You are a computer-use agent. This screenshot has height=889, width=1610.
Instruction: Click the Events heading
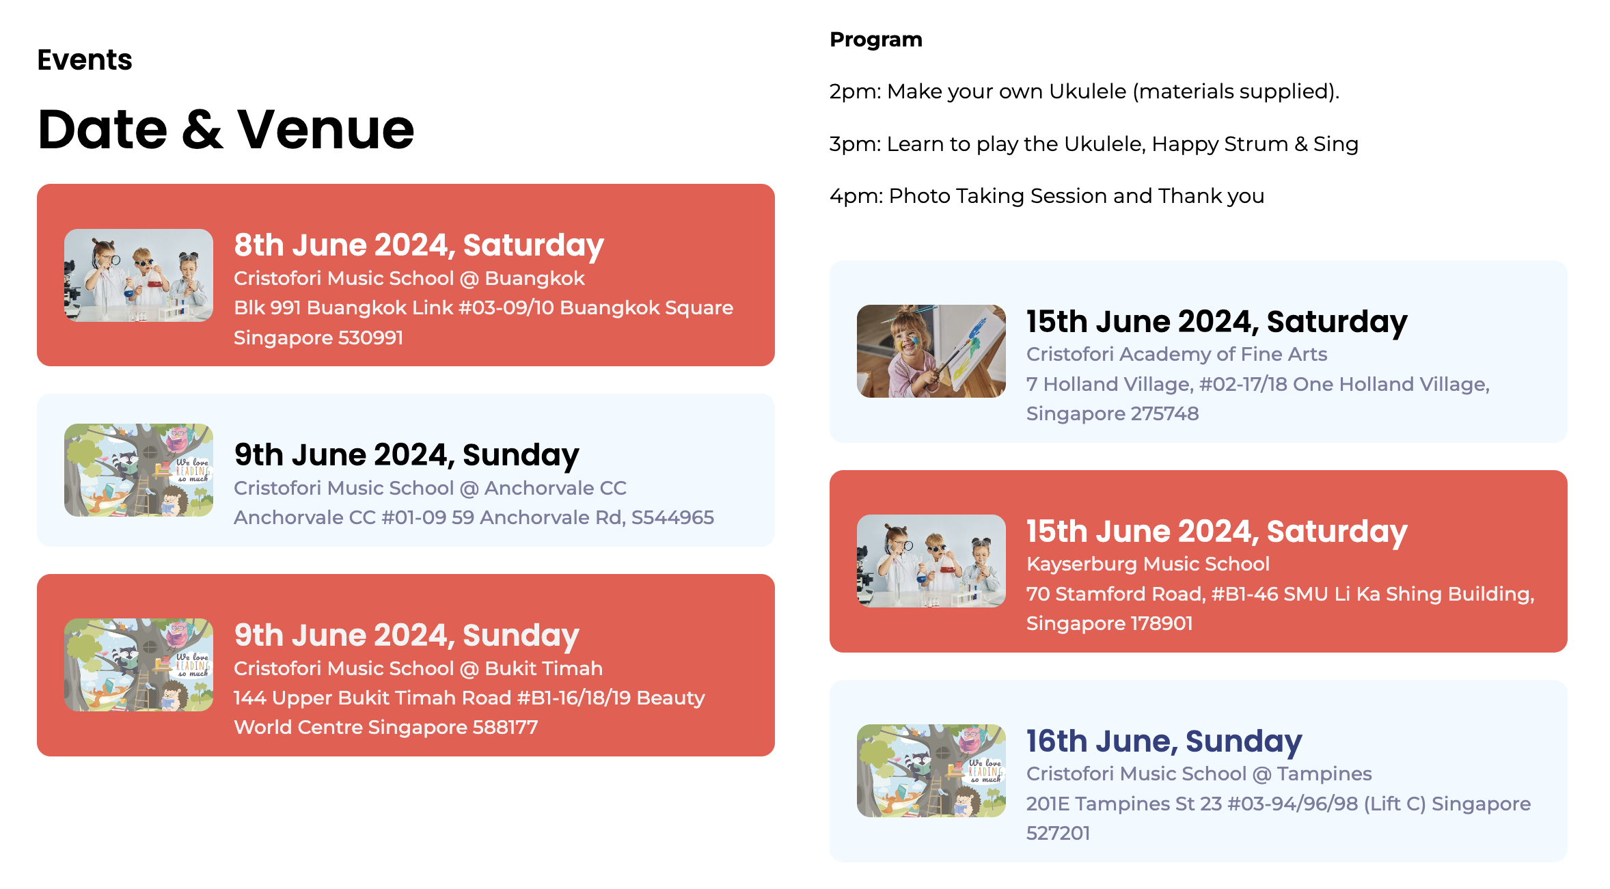[x=85, y=60]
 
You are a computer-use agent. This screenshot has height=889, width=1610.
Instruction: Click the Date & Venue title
[x=226, y=129]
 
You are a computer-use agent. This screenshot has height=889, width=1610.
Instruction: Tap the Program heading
[x=876, y=40]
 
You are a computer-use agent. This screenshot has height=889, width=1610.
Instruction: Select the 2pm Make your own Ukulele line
[x=1084, y=92]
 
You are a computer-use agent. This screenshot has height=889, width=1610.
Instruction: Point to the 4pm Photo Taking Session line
[x=1047, y=196]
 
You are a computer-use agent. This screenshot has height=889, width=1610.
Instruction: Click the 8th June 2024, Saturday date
[x=419, y=245]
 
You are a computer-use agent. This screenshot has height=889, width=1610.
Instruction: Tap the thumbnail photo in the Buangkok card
[x=139, y=275]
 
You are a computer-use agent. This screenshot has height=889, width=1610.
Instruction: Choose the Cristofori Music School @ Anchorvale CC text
[x=431, y=488]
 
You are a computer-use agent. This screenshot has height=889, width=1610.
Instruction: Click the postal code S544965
[x=672, y=517]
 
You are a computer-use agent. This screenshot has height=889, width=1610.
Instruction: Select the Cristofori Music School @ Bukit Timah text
[x=418, y=668]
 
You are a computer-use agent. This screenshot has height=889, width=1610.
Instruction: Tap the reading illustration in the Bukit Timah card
[x=139, y=665]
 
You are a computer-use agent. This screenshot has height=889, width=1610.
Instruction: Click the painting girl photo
[x=931, y=351]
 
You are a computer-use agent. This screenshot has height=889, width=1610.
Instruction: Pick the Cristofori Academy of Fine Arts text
[x=1177, y=354]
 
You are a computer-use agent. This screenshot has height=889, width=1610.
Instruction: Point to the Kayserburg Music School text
[x=1148, y=564]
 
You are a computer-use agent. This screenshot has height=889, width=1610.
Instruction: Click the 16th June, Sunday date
[x=1164, y=741]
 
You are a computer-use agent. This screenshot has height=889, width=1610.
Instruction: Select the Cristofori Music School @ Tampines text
[x=1199, y=774]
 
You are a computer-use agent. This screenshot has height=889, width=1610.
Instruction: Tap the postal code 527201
[x=1059, y=833]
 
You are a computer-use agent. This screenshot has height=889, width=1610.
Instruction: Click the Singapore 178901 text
[x=1110, y=623]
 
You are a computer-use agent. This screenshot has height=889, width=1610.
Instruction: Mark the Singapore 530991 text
[x=318, y=338]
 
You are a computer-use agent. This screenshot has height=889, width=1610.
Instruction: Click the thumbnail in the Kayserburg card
[x=931, y=561]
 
